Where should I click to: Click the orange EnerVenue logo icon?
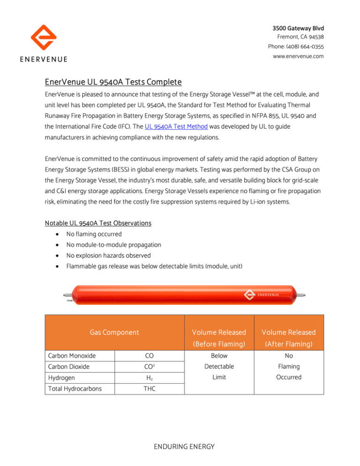pyautogui.click(x=43, y=38)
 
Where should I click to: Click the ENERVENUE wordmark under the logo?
pyautogui.click(x=43, y=59)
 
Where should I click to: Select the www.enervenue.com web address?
pyautogui.click(x=298, y=56)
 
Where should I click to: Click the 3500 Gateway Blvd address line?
pyautogui.click(x=299, y=28)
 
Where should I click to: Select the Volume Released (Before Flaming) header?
pyautogui.click(x=219, y=338)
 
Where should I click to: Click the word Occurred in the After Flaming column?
pyautogui.click(x=289, y=377)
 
